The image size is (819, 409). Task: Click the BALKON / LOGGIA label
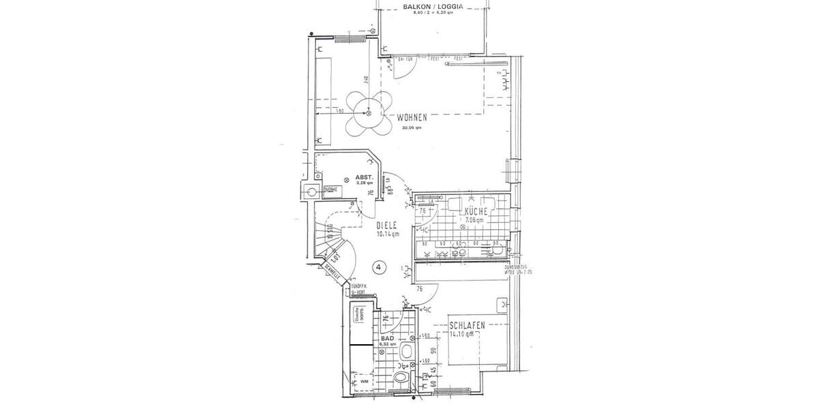[x=433, y=7]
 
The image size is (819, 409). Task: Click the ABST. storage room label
[x=363, y=176]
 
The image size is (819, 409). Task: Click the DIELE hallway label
[x=388, y=225]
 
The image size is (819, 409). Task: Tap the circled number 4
[x=379, y=267]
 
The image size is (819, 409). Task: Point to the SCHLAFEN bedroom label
[x=467, y=326]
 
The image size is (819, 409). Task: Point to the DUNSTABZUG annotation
[x=517, y=267]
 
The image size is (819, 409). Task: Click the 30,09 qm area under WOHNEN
[x=413, y=127]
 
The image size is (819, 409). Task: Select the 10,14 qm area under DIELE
[x=388, y=234]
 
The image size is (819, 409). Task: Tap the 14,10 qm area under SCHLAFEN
[x=465, y=335]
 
